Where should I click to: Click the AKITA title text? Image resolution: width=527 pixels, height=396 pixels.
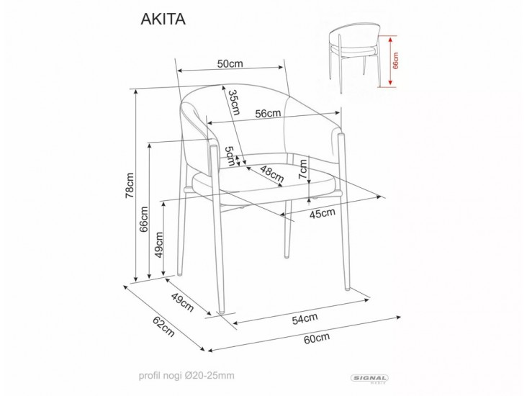[x=163, y=19]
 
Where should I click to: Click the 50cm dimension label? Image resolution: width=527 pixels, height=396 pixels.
[x=230, y=63]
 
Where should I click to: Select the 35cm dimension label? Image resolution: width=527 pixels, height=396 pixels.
[x=233, y=103]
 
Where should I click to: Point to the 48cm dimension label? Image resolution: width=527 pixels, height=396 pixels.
[x=271, y=173]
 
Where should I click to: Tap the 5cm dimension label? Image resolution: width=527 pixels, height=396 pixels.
[x=228, y=155]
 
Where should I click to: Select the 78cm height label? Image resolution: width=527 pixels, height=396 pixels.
[x=130, y=185]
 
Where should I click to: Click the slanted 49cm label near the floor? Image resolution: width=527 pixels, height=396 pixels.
[x=181, y=304]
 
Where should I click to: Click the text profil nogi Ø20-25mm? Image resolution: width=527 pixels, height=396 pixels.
[x=186, y=376]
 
